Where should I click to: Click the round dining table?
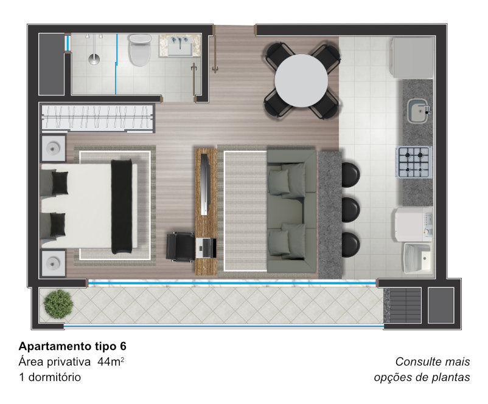pos(301,81)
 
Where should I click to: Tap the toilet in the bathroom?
pos(140,50)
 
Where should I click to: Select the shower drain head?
pos(94,59)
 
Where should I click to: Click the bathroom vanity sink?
pos(180,46)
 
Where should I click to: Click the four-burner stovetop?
pos(414,162)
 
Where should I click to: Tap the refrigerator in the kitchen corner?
pos(413,58)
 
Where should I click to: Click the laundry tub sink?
pos(418,258)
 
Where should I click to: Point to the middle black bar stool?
pos(350,210)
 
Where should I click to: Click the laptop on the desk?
pos(206,248)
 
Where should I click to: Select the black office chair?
pos(181,247)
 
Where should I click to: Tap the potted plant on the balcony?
pos(58,304)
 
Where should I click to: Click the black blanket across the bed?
pos(122,207)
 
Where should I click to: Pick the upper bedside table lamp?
pos(53,148)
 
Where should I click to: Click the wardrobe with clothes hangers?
pos(97,117)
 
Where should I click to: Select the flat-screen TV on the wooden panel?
pos(204,184)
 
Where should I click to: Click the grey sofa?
pos(291,211)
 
